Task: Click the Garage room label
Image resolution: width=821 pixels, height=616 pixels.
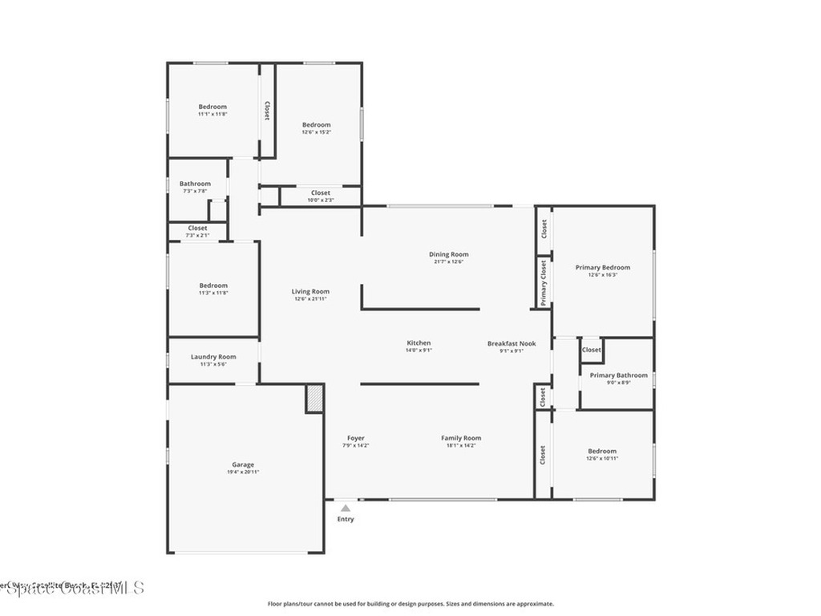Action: tap(243, 464)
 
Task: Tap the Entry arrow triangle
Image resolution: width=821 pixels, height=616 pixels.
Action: tap(345, 507)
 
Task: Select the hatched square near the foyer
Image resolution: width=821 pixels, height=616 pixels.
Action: tap(314, 399)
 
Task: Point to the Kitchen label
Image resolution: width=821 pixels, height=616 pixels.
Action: tap(419, 342)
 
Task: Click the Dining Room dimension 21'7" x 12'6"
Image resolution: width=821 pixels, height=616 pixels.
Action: tap(448, 261)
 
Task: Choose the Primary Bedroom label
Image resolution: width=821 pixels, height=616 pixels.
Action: tap(602, 267)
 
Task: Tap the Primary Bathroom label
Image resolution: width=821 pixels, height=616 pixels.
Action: tap(618, 375)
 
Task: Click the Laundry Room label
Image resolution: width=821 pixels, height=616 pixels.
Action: tap(213, 357)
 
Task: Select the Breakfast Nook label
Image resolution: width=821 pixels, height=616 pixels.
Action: tap(512, 343)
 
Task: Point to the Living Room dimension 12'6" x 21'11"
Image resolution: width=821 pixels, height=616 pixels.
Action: tap(310, 298)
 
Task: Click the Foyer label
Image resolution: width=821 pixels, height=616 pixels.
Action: tap(356, 438)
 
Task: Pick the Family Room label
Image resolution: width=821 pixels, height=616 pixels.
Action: tap(461, 438)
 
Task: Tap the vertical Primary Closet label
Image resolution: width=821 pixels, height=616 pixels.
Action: tap(544, 282)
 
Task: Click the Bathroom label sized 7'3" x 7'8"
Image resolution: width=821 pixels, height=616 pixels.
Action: tap(195, 184)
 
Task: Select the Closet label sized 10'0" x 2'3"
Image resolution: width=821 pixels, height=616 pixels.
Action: tap(321, 192)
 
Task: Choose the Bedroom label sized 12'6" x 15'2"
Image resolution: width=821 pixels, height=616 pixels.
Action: tap(316, 124)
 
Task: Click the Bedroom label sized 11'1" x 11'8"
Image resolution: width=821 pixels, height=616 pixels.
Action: tap(212, 107)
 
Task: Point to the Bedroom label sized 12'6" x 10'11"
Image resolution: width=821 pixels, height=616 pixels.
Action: tap(602, 451)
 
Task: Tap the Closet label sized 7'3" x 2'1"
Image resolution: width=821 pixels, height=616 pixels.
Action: tap(197, 228)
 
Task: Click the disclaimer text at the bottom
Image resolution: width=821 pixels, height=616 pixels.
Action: tap(410, 604)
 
